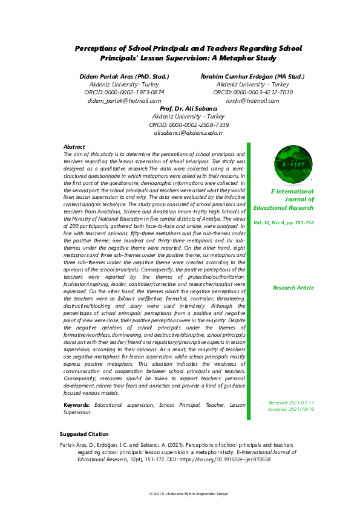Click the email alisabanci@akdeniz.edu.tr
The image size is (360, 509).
tap(180, 132)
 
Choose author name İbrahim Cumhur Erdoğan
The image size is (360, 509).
tap(252, 77)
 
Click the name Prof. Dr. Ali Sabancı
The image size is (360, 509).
tap(180, 108)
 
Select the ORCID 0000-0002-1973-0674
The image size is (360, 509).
tap(125, 92)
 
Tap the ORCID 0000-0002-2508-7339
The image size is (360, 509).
tap(180, 124)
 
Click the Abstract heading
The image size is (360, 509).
tap(74, 147)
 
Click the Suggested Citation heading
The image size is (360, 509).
tap(84, 434)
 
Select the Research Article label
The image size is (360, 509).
tap(293, 288)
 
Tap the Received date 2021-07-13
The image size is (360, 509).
tap(291, 403)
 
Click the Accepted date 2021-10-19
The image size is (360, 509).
tap(291, 409)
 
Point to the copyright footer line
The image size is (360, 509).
tap(180, 494)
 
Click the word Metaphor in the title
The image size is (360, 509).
tap(235, 59)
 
